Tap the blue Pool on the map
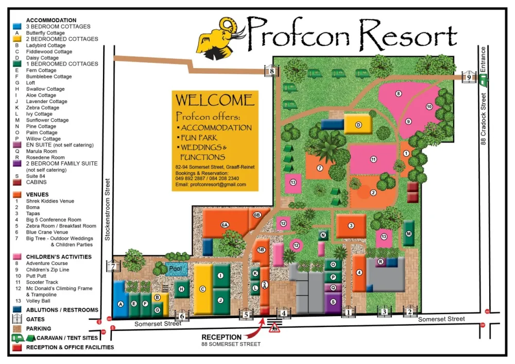pyautogui.click(x=176, y=269)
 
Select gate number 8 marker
pyautogui.click(x=271, y=72)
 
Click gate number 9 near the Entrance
pyautogui.click(x=468, y=77)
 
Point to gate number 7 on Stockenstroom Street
pyautogui.click(x=113, y=266)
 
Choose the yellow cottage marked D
pyautogui.click(x=358, y=124)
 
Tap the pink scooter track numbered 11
pyautogui.click(x=373, y=160)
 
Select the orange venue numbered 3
pyautogui.click(x=351, y=225)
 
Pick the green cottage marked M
pyautogui.click(x=409, y=233)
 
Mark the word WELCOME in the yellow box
pyautogui.click(x=215, y=100)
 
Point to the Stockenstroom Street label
pyautogui.click(x=108, y=209)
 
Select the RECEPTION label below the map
pyautogui.click(x=221, y=337)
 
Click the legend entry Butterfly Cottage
pyautogui.click(x=45, y=33)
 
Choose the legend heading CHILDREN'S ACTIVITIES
pyautogui.click(x=59, y=257)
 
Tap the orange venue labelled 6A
pyautogui.click(x=225, y=224)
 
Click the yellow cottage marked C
pyautogui.click(x=203, y=289)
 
